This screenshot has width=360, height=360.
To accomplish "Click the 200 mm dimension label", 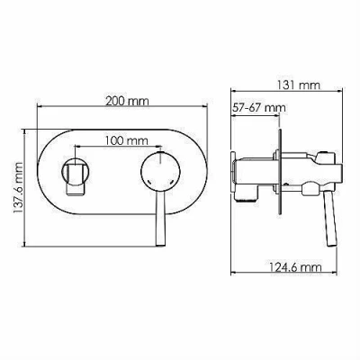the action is coord(127,101).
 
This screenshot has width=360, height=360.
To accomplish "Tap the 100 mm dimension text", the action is coord(127,140).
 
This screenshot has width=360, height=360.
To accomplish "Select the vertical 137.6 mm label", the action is coord(18,188).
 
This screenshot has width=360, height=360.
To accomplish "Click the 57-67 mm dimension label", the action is coord(259,107).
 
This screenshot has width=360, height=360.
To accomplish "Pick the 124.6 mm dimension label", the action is coord(295,266).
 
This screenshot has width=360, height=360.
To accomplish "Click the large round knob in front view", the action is coord(161,171).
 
